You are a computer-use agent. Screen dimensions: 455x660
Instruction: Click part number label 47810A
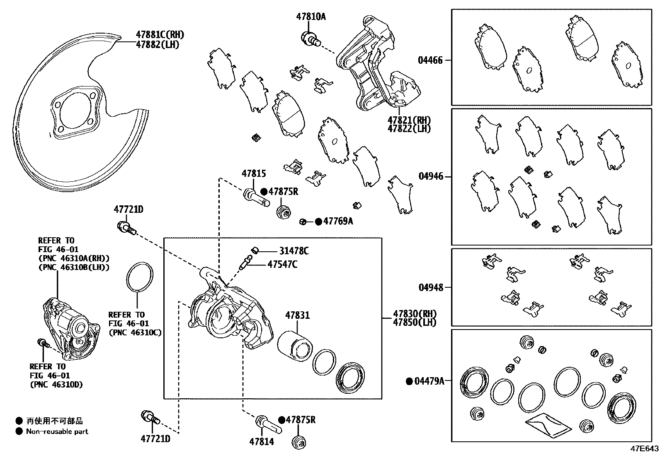(x=311, y=17)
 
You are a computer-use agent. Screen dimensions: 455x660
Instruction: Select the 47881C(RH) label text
(x=160, y=35)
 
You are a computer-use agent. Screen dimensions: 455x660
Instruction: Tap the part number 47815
(x=254, y=174)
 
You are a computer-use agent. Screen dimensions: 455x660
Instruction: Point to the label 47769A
(x=338, y=221)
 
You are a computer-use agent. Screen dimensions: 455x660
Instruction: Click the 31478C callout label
(x=294, y=251)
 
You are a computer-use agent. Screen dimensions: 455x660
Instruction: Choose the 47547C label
(x=282, y=264)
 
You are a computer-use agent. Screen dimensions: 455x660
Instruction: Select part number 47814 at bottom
(x=262, y=442)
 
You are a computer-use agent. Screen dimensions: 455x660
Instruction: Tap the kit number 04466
(x=430, y=60)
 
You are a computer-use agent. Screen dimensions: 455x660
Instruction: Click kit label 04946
(x=431, y=177)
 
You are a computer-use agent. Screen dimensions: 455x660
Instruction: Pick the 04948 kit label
(x=430, y=287)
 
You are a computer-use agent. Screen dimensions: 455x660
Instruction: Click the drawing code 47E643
(x=644, y=449)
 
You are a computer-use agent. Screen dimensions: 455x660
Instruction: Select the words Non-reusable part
(x=57, y=431)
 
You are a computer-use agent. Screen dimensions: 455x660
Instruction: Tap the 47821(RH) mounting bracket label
(x=409, y=120)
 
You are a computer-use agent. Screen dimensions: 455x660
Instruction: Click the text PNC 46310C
(x=135, y=332)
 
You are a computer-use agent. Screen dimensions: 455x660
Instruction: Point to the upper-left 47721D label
(x=129, y=210)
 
